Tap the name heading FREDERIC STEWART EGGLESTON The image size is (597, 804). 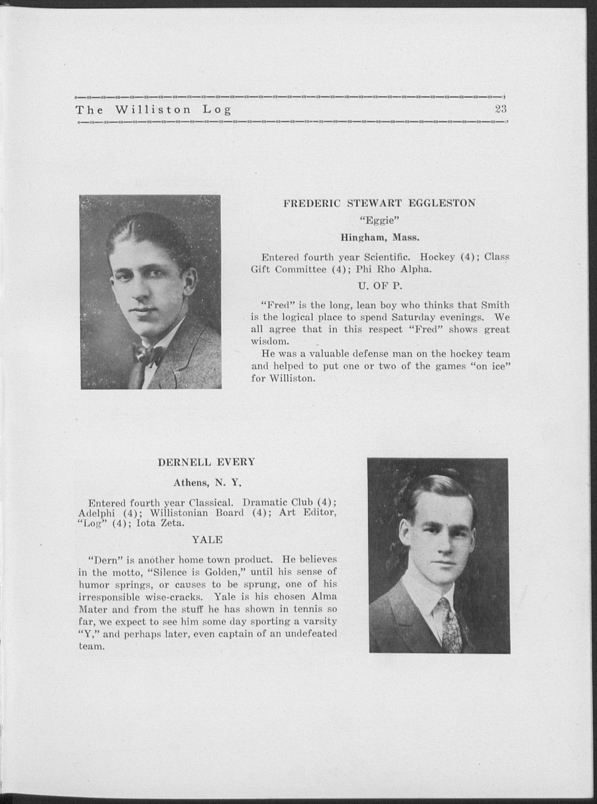(x=379, y=203)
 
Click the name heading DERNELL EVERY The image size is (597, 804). (x=206, y=462)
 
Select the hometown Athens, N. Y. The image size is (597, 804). (x=207, y=482)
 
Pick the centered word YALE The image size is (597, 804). (x=207, y=540)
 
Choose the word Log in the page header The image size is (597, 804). (x=217, y=109)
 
